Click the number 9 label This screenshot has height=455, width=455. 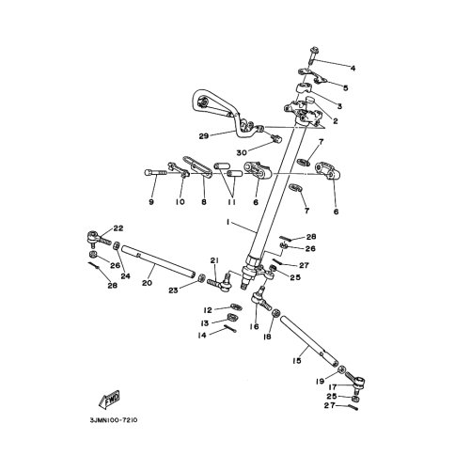(x=150, y=200)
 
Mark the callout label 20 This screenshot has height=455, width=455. (x=147, y=280)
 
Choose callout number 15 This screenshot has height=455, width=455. (x=298, y=359)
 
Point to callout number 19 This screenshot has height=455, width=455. (x=320, y=383)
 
